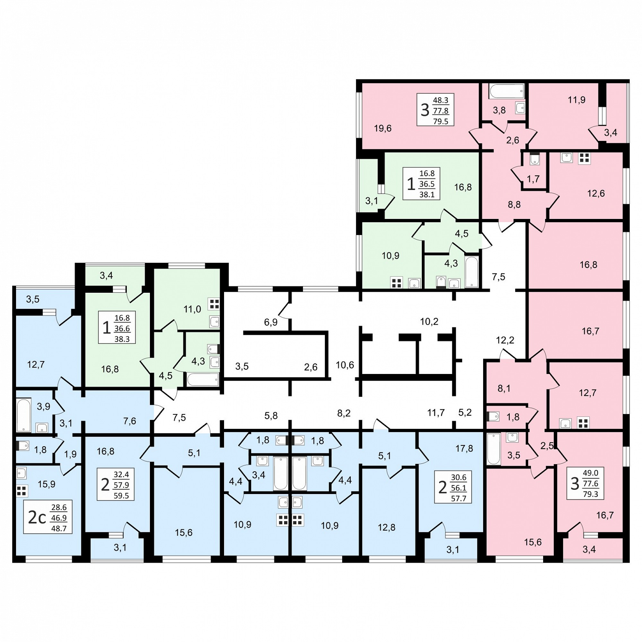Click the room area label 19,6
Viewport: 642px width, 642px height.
pyautogui.click(x=383, y=128)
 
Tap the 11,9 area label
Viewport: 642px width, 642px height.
pyautogui.click(x=577, y=100)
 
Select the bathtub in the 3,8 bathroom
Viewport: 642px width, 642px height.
pyautogui.click(x=507, y=91)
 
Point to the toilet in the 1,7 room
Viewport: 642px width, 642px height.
pyautogui.click(x=535, y=159)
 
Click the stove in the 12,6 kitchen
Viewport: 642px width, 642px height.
pyautogui.click(x=584, y=158)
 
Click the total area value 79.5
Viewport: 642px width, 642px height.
pyautogui.click(x=441, y=121)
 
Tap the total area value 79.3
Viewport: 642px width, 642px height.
pyautogui.click(x=591, y=494)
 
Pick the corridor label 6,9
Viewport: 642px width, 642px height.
pyautogui.click(x=271, y=322)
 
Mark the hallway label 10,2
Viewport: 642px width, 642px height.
pyautogui.click(x=429, y=321)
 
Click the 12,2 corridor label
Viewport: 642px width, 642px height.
pyautogui.click(x=505, y=340)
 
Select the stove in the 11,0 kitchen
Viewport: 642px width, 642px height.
pyautogui.click(x=214, y=304)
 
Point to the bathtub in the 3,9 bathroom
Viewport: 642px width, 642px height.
pyautogui.click(x=23, y=415)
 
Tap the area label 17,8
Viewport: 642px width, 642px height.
pyautogui.click(x=464, y=448)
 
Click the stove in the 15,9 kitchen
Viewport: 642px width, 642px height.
pyautogui.click(x=22, y=491)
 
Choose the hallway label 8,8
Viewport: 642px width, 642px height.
pyautogui.click(x=514, y=205)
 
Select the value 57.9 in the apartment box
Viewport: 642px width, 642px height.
pyautogui.click(x=121, y=485)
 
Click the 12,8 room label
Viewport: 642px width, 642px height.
pyautogui.click(x=386, y=527)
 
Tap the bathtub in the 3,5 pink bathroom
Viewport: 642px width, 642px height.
pyautogui.click(x=494, y=449)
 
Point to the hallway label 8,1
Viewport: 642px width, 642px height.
pyautogui.click(x=504, y=388)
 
